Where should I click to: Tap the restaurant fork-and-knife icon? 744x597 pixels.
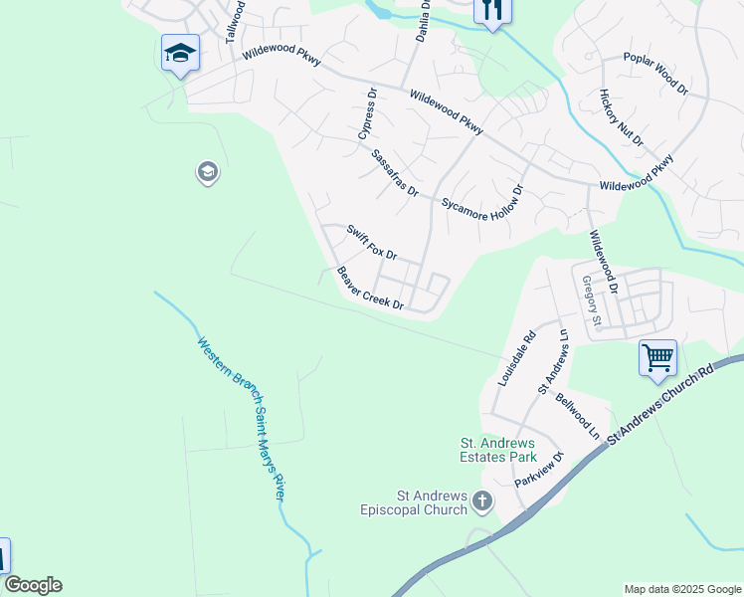(491, 10)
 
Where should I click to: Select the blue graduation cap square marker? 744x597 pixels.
(180, 53)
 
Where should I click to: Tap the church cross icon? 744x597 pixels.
(482, 501)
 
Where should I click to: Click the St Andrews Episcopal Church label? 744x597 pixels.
(413, 501)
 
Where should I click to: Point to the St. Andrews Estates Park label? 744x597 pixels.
(496, 450)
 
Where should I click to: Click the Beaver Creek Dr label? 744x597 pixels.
(369, 289)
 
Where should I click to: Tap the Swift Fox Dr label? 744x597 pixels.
(372, 242)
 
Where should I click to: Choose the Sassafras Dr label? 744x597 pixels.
(395, 173)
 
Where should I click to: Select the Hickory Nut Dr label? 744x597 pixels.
(622, 117)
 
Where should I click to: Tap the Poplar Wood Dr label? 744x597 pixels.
(655, 73)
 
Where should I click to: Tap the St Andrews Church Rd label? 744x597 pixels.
(662, 402)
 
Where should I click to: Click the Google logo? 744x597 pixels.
(33, 585)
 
